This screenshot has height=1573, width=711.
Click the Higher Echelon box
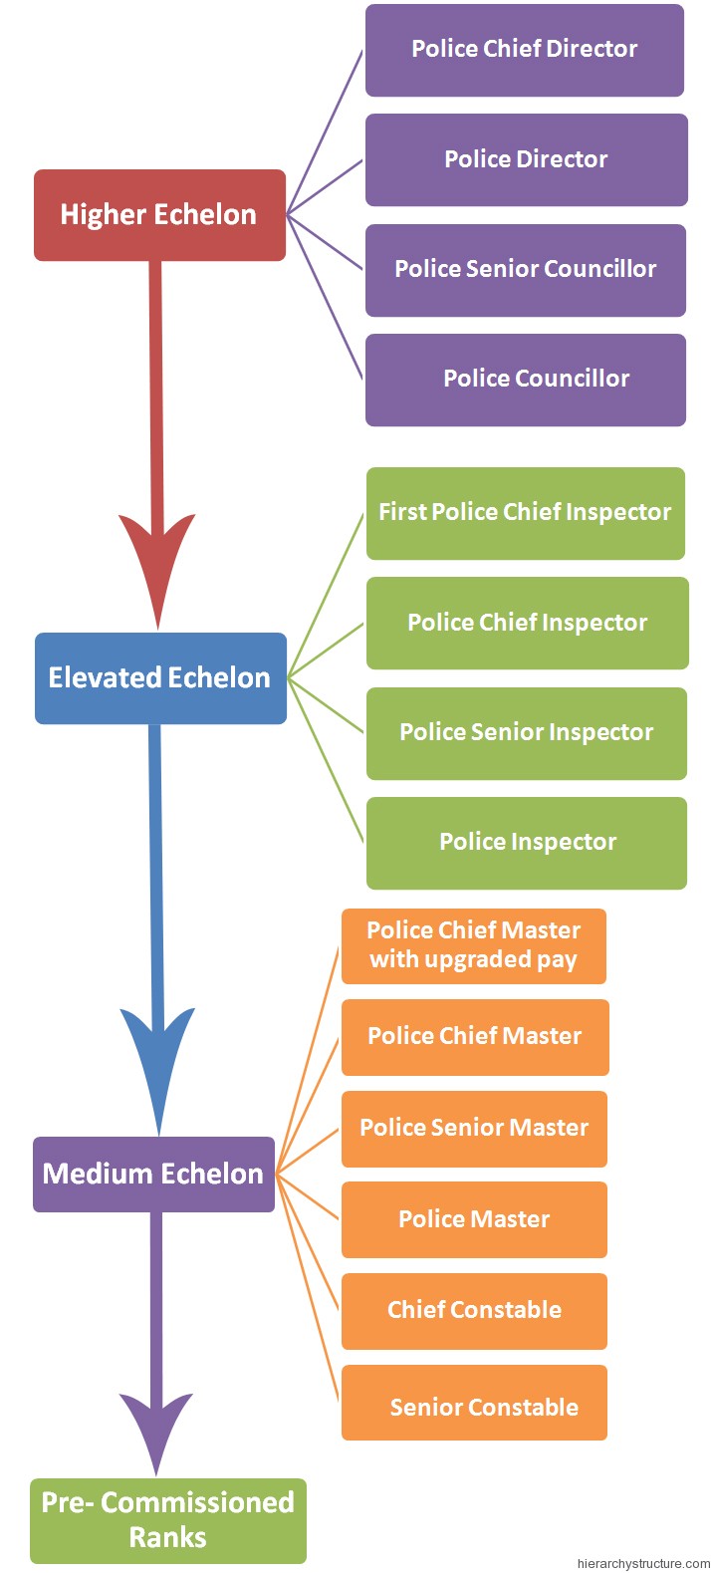[x=159, y=215]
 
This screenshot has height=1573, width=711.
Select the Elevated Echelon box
[x=160, y=678]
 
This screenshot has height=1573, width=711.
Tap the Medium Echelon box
[x=153, y=1174]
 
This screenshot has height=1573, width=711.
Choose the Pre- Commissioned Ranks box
[x=167, y=1520]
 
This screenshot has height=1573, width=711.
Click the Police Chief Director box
[x=525, y=50]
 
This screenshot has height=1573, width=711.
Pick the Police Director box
[x=526, y=159]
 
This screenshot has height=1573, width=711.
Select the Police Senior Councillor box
[x=526, y=270]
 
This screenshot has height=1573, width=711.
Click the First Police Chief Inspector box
[x=526, y=513]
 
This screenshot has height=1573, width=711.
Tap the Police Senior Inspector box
[x=526, y=733]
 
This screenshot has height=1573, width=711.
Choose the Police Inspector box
[x=526, y=843]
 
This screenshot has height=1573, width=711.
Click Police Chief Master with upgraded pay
[x=474, y=945]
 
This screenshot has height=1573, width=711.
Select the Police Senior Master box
[x=474, y=1129]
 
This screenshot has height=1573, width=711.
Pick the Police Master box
[x=474, y=1219]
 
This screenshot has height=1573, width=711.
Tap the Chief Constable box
[x=474, y=1311]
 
